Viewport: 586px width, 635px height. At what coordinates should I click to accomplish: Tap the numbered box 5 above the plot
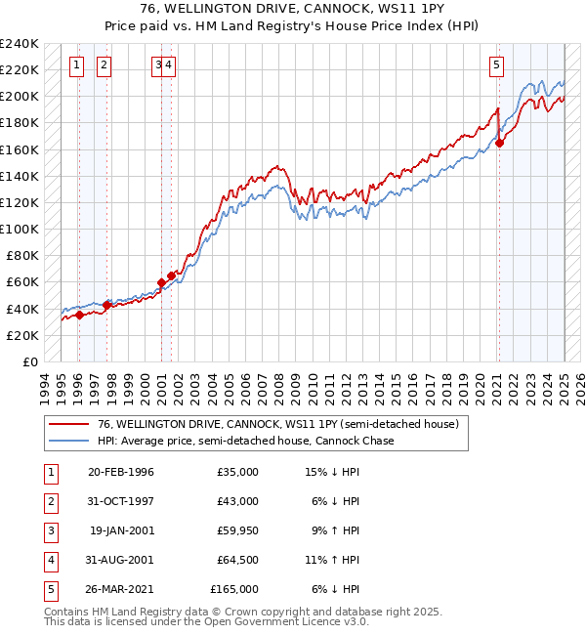(496, 65)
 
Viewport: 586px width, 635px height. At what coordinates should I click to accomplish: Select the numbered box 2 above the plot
(104, 65)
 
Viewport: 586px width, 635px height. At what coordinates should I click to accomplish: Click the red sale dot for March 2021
(499, 143)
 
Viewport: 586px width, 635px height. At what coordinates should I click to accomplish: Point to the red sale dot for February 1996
(80, 315)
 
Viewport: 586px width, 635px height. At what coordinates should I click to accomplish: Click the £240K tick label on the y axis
(19, 44)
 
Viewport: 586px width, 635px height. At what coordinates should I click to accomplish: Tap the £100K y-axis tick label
(19, 229)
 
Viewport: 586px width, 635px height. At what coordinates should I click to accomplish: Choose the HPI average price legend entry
(244, 441)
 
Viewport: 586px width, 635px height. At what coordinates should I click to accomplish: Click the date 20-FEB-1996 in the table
(121, 472)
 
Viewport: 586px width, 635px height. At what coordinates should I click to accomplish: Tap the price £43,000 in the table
(237, 501)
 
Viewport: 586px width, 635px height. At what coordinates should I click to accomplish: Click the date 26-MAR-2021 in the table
(120, 589)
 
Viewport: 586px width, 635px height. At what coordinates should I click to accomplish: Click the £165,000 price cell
(234, 589)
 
